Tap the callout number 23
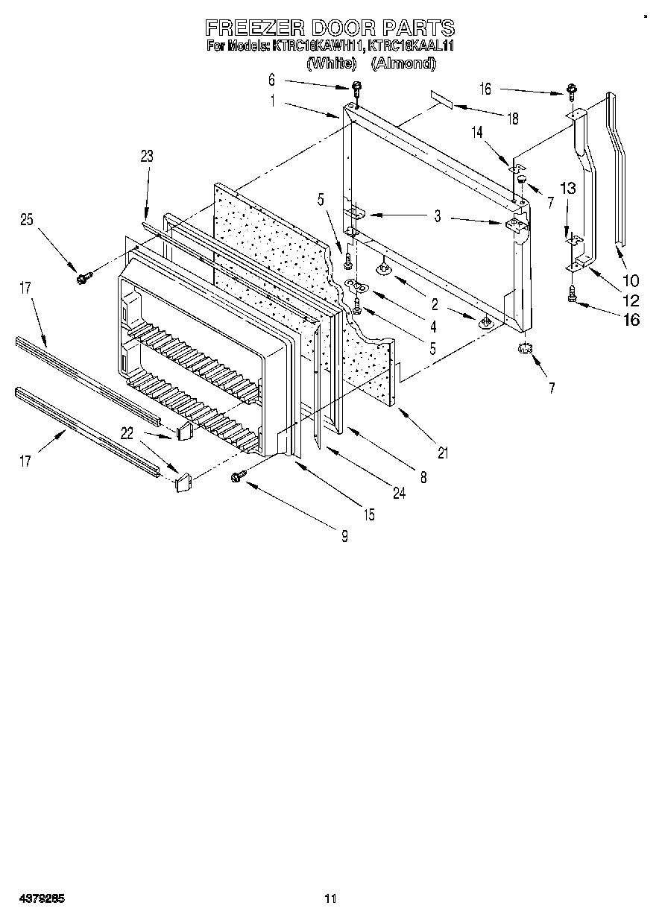146,155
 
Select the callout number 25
27,219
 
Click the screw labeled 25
81,277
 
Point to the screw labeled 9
240,475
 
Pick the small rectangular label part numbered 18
441,100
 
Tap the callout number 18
513,119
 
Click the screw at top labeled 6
356,89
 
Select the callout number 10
631,280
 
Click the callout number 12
631,301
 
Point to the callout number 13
569,189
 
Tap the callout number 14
476,132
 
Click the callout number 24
399,493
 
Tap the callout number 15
369,514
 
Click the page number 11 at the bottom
331,899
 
